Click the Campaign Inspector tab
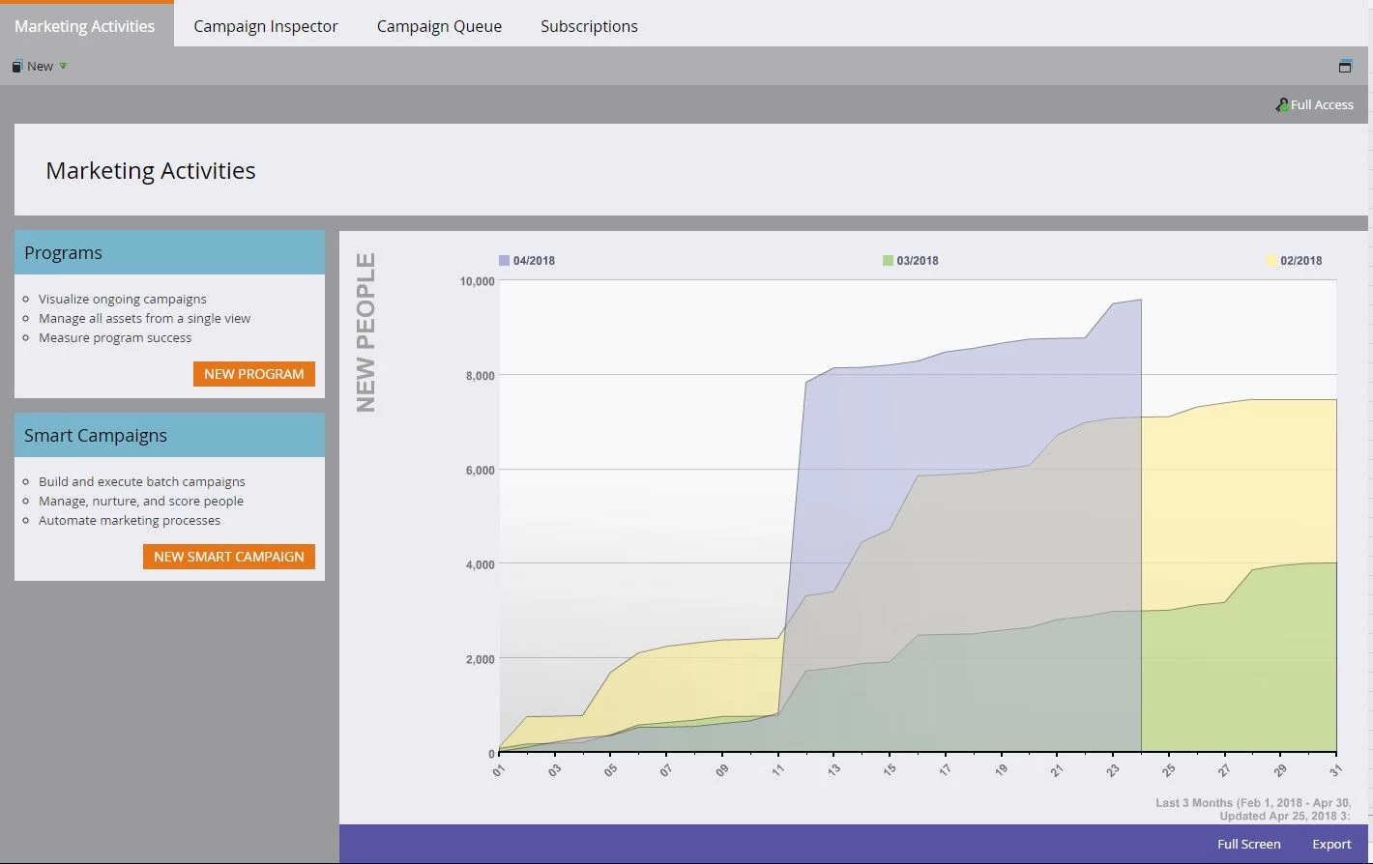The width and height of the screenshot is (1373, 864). coord(265,26)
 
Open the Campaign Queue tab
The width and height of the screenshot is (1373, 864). coord(439,26)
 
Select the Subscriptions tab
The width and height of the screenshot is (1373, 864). coord(589,26)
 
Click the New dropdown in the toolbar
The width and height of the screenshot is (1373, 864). coord(41,66)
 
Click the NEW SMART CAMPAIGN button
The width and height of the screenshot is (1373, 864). coord(229,557)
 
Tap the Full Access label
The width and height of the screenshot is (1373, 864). coord(1321,104)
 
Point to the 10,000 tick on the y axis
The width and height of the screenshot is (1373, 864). coord(477,281)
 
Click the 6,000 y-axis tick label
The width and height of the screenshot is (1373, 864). coord(480,471)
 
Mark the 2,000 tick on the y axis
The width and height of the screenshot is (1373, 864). coord(480,659)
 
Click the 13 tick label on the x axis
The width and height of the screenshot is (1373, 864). coord(833,770)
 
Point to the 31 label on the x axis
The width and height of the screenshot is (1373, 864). coord(1335,770)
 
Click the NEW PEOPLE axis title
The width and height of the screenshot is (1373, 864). coord(365,331)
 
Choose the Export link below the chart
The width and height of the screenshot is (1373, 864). coord(1331,844)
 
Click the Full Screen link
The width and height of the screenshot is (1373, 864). coord(1248,844)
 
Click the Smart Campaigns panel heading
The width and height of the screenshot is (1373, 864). coord(96,436)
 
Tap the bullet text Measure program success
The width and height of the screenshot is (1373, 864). coord(115,337)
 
